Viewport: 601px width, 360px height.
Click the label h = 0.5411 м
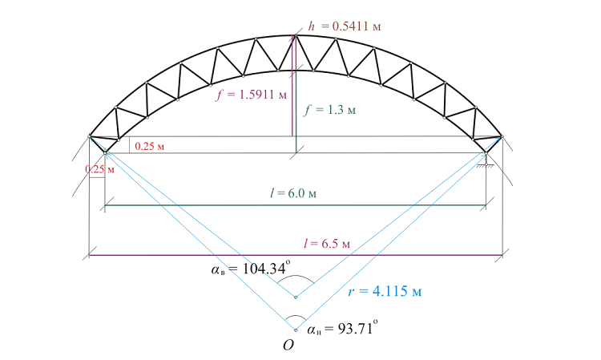345,26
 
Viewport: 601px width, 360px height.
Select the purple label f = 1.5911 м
251,95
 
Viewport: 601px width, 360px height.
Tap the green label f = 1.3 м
330,110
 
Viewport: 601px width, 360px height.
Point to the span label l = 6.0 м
293,193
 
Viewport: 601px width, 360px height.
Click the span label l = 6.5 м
327,244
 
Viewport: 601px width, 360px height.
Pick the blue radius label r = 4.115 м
385,291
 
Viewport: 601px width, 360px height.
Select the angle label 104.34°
251,268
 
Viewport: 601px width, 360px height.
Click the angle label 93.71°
342,328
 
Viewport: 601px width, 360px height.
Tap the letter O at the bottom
288,346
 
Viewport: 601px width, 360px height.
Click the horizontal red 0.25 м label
150,146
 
